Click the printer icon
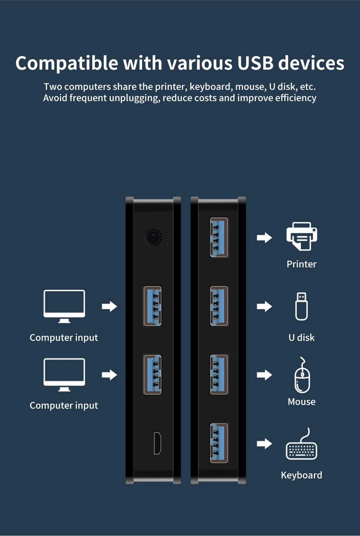pyautogui.click(x=301, y=236)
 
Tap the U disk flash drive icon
pyautogui.click(x=301, y=306)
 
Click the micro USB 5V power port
pyautogui.click(x=157, y=443)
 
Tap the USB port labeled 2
pyautogui.click(x=153, y=306)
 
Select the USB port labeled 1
pyautogui.click(x=153, y=375)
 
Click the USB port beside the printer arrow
pyautogui.click(x=219, y=237)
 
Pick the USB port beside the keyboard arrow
pyautogui.click(x=219, y=443)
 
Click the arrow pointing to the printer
pyautogui.click(x=264, y=237)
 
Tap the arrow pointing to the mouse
pyautogui.click(x=264, y=375)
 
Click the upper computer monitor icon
pyautogui.click(x=64, y=305)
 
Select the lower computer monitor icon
pyautogui.click(x=64, y=374)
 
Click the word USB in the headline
pyautogui.click(x=255, y=63)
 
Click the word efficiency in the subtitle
pyautogui.click(x=295, y=98)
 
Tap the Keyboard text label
pyautogui.click(x=301, y=475)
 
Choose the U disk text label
pyautogui.click(x=301, y=338)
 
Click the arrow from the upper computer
pyautogui.click(x=109, y=306)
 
